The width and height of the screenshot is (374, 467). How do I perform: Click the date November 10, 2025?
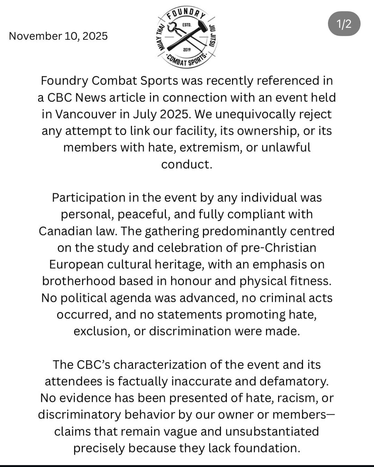(58, 36)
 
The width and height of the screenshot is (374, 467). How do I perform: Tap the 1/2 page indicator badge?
(344, 24)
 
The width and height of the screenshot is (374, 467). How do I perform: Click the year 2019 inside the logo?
(187, 50)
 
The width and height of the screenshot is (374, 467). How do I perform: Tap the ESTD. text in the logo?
(186, 25)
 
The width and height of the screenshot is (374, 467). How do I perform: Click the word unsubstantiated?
(272, 431)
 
